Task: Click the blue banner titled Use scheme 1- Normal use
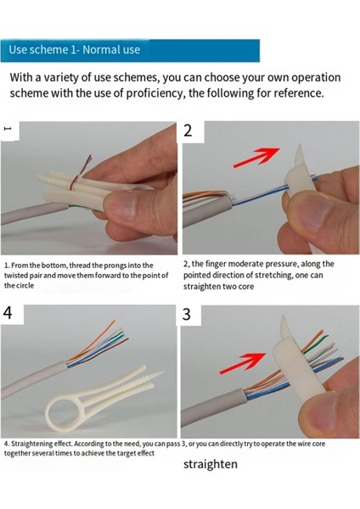130,50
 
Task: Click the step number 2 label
188,131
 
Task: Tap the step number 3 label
187,314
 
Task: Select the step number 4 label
8,312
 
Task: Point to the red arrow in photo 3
244,363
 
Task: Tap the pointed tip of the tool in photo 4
164,372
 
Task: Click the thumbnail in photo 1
121,205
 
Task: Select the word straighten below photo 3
211,464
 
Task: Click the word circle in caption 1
26,286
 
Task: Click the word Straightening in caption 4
31,444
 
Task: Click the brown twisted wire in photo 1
80,174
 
